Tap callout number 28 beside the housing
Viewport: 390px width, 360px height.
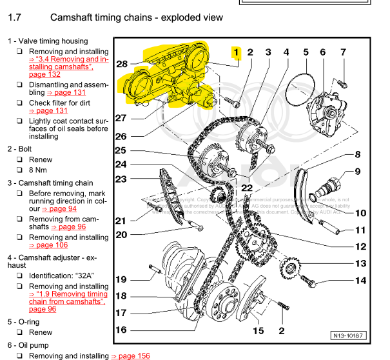tap(122, 64)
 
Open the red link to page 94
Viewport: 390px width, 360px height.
tap(59, 209)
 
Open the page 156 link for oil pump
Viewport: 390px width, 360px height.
tap(130, 355)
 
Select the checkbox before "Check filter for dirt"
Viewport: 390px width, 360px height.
tap(20, 103)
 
